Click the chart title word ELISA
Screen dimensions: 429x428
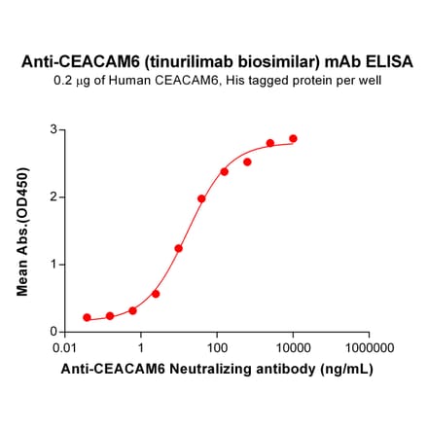387,61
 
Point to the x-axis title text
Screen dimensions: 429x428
216,370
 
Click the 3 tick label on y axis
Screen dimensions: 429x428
52,129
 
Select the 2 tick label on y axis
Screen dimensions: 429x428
52,197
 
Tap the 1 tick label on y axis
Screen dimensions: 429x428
52,264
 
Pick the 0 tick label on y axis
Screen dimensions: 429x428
52,331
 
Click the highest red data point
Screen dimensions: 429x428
293,139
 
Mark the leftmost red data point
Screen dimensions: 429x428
88,317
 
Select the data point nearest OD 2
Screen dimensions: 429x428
201,198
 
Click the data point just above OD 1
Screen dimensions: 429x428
179,248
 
